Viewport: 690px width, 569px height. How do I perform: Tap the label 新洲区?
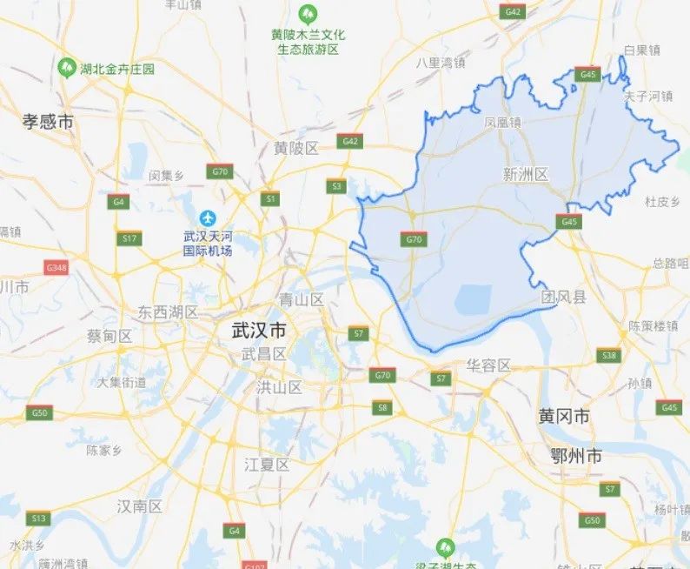[x=526, y=175]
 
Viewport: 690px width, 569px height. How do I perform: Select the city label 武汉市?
[x=259, y=331]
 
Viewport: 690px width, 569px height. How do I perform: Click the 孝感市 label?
[x=48, y=123]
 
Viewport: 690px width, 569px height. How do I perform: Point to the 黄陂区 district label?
[x=296, y=148]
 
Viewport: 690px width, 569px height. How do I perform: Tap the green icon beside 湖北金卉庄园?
[x=66, y=67]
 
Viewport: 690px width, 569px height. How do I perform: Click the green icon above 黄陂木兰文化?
[x=307, y=15]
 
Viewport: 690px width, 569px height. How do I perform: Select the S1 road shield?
[x=271, y=199]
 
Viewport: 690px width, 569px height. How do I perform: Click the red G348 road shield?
[x=56, y=267]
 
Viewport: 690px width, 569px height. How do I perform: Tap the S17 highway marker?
[x=129, y=238]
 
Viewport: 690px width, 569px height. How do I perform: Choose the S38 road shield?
[x=609, y=355]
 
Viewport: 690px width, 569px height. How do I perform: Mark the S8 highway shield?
[x=382, y=407]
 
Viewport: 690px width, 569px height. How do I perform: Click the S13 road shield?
[x=38, y=519]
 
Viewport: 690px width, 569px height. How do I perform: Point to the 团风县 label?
[x=563, y=298]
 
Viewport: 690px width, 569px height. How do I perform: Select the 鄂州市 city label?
[x=576, y=455]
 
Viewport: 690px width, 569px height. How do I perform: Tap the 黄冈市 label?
[x=564, y=417]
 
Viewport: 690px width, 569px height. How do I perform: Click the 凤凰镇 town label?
[x=503, y=123]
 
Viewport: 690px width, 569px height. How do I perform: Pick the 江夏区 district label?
[x=267, y=465]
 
